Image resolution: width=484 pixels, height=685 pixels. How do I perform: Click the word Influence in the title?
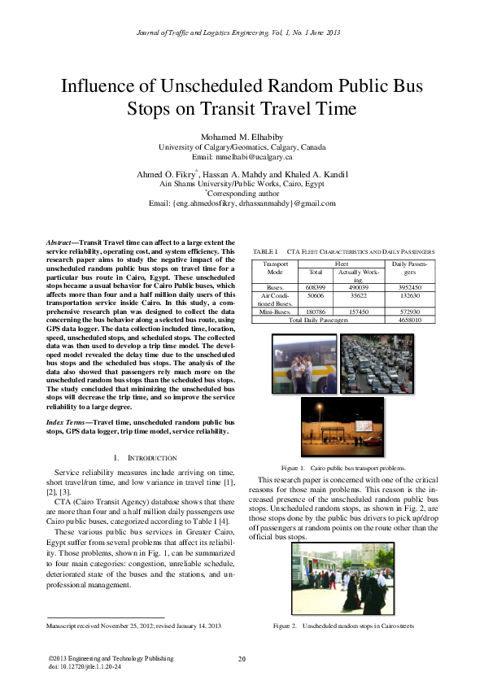pyautogui.click(x=103, y=87)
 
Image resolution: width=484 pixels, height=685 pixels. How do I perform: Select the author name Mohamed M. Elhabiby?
pyautogui.click(x=242, y=136)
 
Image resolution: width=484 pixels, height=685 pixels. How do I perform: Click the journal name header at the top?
pyautogui.click(x=242, y=33)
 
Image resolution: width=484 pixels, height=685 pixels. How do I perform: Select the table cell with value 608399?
pyautogui.click(x=316, y=288)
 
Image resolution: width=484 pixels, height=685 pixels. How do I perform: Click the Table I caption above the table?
pyautogui.click(x=344, y=252)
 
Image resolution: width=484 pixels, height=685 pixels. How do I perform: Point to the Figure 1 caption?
pyautogui.click(x=344, y=469)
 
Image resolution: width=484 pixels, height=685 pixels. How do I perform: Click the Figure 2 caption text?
pyautogui.click(x=344, y=626)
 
